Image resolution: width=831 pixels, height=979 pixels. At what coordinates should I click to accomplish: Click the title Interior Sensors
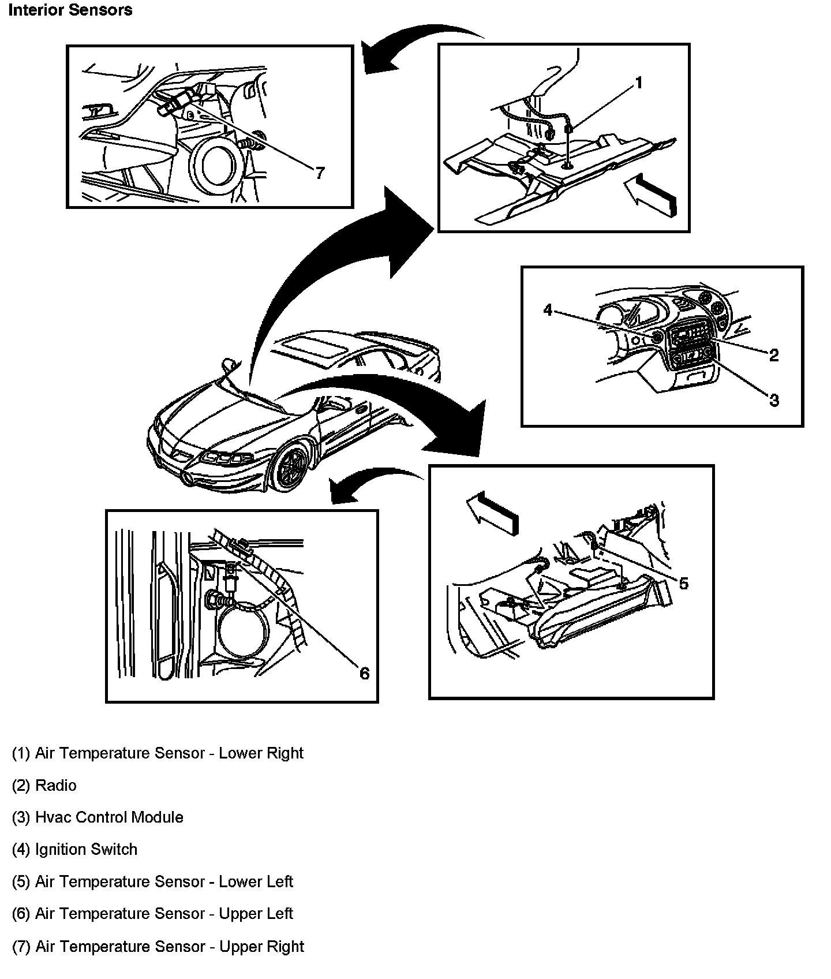point(70,10)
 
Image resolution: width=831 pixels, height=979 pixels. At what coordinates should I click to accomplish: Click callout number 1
point(638,84)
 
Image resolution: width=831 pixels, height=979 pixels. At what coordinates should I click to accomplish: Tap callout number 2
point(774,355)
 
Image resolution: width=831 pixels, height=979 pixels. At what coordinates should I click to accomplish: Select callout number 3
point(774,399)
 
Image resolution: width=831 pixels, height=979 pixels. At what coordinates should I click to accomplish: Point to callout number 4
point(548,311)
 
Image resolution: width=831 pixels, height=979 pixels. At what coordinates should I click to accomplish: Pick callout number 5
point(683,584)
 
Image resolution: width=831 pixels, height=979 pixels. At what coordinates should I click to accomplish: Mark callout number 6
point(364,673)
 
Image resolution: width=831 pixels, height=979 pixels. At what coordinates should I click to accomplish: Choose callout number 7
point(320,172)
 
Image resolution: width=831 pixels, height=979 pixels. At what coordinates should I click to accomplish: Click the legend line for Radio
point(44,785)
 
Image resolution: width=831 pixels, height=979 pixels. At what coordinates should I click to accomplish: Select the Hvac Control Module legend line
point(98,817)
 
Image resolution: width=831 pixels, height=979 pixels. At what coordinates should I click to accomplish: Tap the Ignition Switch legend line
point(75,849)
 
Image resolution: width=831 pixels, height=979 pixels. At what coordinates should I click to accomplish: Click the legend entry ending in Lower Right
point(158,753)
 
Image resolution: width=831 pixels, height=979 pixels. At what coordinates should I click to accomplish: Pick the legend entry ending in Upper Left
point(152,913)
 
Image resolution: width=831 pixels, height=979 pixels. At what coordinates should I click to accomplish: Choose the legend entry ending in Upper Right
point(158,946)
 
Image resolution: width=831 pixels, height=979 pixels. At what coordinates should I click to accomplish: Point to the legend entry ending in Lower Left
point(152,881)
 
